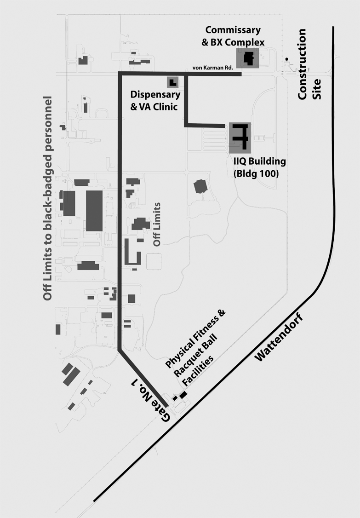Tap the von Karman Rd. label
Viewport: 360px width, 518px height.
pos(213,68)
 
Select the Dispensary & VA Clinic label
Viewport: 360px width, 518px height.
pos(155,100)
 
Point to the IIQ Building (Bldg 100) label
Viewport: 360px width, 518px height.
pos(259,167)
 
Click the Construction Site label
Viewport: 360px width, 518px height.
pos(308,64)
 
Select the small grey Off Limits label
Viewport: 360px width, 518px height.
pos(157,224)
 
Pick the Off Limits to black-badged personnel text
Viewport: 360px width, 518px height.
pos(47,198)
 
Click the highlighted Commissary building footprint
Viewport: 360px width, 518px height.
pos(248,58)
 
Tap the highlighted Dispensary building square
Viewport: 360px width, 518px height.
pos(172,82)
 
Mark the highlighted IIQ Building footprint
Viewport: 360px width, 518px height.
pos(240,138)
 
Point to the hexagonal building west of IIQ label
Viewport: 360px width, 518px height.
pos(200,186)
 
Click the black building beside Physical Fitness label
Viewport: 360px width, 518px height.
pos(183,394)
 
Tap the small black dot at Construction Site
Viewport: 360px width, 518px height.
pos(287,59)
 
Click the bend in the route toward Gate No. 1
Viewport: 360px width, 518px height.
pos(120,350)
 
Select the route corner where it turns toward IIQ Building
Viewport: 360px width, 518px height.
pos(186,125)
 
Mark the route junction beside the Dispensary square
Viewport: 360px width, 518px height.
pos(186,74)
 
